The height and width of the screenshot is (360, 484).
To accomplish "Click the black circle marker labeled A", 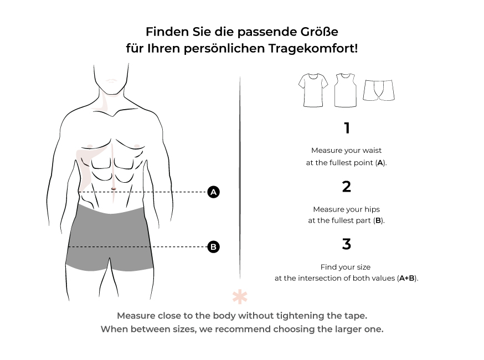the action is pyautogui.click(x=213, y=192).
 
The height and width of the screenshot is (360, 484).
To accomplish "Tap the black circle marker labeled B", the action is pyautogui.click(x=213, y=246).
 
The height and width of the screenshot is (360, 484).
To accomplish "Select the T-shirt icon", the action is pyautogui.click(x=313, y=90).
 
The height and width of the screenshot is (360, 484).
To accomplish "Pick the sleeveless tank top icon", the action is pyautogui.click(x=346, y=90).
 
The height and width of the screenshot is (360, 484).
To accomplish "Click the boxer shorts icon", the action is pyautogui.click(x=379, y=90).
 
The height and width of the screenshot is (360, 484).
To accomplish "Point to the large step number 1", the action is pyautogui.click(x=347, y=128).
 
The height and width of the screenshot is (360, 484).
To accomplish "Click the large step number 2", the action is pyautogui.click(x=347, y=187).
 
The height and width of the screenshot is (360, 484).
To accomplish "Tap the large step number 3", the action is pyautogui.click(x=347, y=244).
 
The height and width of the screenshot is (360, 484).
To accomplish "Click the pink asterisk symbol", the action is pyautogui.click(x=240, y=297).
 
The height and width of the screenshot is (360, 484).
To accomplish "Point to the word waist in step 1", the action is pyautogui.click(x=372, y=150).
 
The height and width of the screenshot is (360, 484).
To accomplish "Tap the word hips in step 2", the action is pyautogui.click(x=372, y=210).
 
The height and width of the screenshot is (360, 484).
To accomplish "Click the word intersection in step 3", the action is pyautogui.click(x=320, y=278).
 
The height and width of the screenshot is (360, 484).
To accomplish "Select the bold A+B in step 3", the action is pyautogui.click(x=406, y=278).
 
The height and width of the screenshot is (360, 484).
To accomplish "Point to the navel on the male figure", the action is pyautogui.click(x=114, y=189).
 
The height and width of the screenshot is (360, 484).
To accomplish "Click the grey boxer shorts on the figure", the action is pyautogui.click(x=110, y=238).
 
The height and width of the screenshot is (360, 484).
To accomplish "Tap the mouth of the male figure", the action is pyautogui.click(x=111, y=80).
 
